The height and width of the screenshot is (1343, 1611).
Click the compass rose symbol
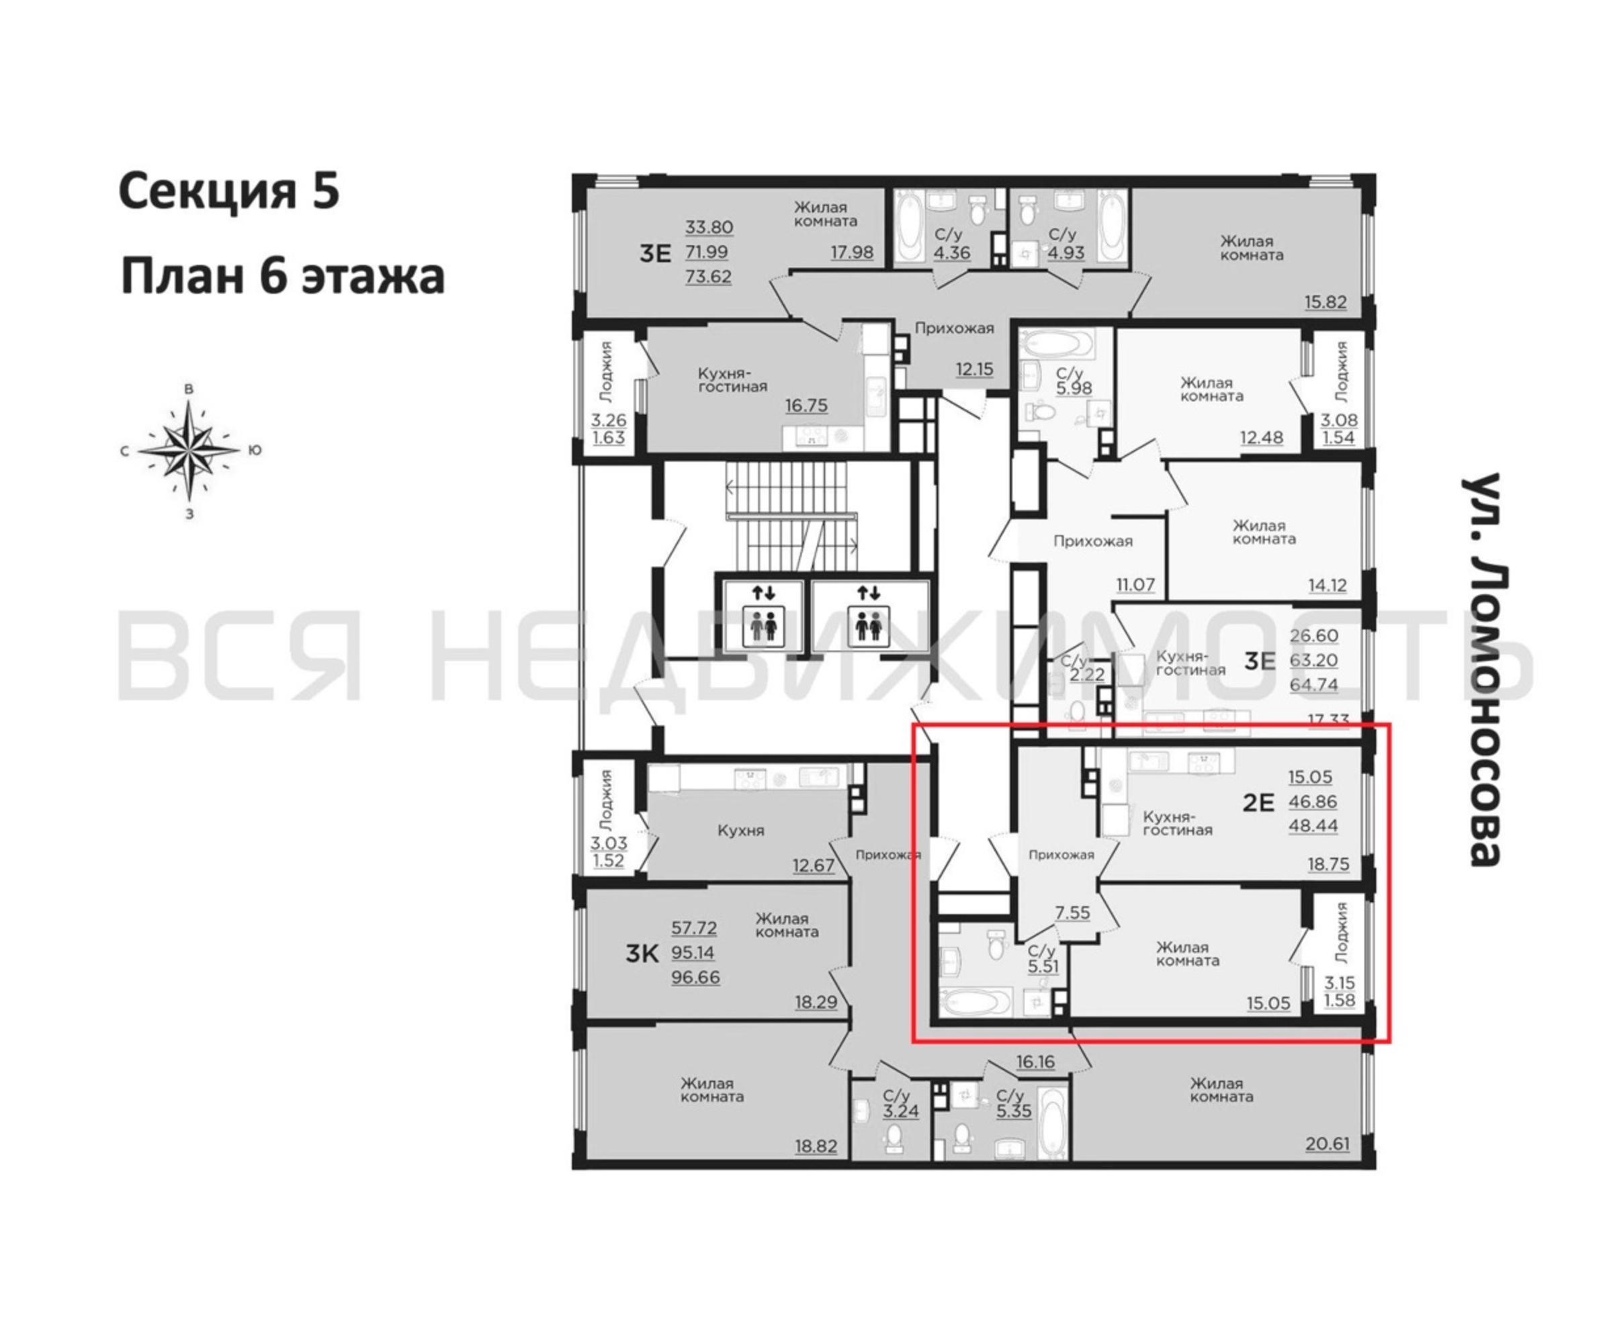pos(189,450)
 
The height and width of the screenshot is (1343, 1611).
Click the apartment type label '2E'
pos(1258,802)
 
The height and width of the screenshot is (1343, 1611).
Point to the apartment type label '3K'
pos(642,954)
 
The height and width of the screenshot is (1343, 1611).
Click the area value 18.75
pos(1329,864)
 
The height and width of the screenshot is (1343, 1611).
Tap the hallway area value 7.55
pos(1072,913)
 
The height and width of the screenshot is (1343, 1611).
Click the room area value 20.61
pos(1327,1144)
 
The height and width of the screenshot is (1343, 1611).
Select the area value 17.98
pos(853,252)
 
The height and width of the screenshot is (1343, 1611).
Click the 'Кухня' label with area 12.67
pos(741,830)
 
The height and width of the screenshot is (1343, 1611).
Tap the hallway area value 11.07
pos(1135,584)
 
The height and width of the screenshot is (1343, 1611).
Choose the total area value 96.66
pos(695,978)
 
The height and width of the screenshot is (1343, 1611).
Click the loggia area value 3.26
pos(609,420)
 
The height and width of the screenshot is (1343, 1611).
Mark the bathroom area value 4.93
pos(1065,252)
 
